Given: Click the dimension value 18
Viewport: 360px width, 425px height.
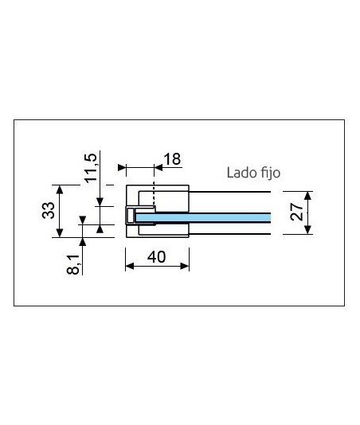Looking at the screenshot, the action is [172, 159].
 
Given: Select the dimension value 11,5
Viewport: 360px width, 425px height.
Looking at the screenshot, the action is [91, 168].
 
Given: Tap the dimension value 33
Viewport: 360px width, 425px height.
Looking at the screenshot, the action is [49, 210].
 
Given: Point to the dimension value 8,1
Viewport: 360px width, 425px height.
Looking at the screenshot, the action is [73, 265].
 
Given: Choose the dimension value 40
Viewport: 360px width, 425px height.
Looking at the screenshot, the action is [157, 257].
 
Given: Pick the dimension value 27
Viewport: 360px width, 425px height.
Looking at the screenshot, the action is [296, 212].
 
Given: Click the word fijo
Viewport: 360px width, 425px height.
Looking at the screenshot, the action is [271, 174].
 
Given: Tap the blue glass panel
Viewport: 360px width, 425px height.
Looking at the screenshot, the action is [203, 217].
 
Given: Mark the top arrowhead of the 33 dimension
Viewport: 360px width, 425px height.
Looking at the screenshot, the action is [60, 189].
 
